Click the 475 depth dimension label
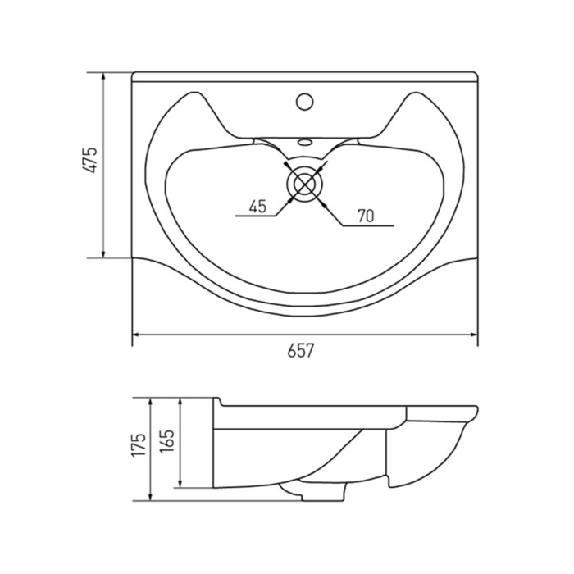tap(89, 160)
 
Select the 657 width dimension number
tap(301, 351)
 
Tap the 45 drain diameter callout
tap(257, 207)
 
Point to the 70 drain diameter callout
tap(366, 216)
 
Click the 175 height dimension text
tap(139, 444)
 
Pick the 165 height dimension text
tap(167, 440)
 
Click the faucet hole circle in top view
tap(304, 102)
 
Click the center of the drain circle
tap(305, 184)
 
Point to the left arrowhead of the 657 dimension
tap(135, 335)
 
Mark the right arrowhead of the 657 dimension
tap(474, 335)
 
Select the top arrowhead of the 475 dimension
tap(103, 76)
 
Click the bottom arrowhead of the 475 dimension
tap(103, 254)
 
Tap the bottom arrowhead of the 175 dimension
tap(150, 497)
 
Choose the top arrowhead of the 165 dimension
tap(180, 403)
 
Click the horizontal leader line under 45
tap(256, 216)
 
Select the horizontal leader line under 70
tap(367, 225)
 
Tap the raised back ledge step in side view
tap(218, 402)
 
